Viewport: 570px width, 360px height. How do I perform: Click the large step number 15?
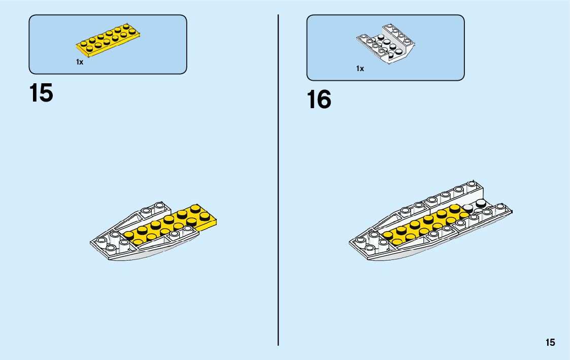[x=41, y=94]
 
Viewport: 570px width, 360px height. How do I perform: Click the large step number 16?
[x=319, y=100]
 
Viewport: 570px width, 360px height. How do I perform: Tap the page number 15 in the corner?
[x=550, y=343]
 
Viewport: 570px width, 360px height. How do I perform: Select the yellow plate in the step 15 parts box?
[x=108, y=40]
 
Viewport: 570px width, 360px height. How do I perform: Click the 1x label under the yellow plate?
[x=80, y=62]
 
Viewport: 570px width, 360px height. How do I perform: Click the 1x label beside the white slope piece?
[x=360, y=69]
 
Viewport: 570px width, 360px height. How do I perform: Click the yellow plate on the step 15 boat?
[x=167, y=223]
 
